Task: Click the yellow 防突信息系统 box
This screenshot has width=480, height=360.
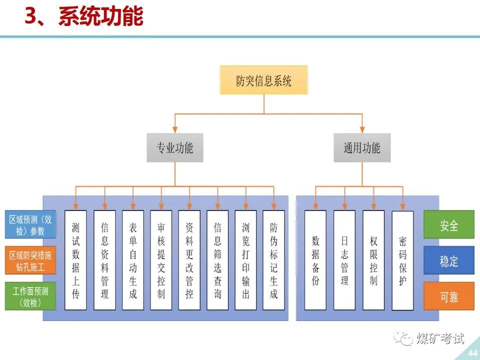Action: click(x=263, y=80)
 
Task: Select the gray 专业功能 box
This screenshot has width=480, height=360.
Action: click(x=175, y=147)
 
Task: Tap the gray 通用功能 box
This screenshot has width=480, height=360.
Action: click(x=361, y=147)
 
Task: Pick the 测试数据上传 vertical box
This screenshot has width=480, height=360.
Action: click(x=76, y=260)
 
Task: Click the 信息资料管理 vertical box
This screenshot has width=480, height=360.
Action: click(x=104, y=260)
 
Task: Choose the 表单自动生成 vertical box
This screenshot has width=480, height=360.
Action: click(x=132, y=260)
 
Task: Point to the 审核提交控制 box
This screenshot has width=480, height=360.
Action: click(x=161, y=260)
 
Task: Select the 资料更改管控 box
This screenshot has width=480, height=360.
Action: click(x=189, y=260)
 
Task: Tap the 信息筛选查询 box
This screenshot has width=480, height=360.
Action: click(x=217, y=260)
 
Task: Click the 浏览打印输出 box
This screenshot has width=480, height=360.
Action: click(x=245, y=260)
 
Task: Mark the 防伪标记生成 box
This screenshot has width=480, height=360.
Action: click(x=274, y=260)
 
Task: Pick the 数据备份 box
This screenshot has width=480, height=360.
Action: click(x=315, y=260)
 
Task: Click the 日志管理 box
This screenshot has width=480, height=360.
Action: click(x=344, y=260)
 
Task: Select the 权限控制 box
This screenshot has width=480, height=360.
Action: click(x=373, y=260)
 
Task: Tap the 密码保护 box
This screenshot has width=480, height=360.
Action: click(x=402, y=260)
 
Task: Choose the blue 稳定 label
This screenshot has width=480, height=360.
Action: click(x=448, y=260)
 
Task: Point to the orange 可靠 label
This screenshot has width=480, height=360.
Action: click(x=448, y=296)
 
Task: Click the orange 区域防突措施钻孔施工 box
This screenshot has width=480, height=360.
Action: click(x=30, y=260)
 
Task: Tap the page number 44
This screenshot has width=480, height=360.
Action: click(x=471, y=353)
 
